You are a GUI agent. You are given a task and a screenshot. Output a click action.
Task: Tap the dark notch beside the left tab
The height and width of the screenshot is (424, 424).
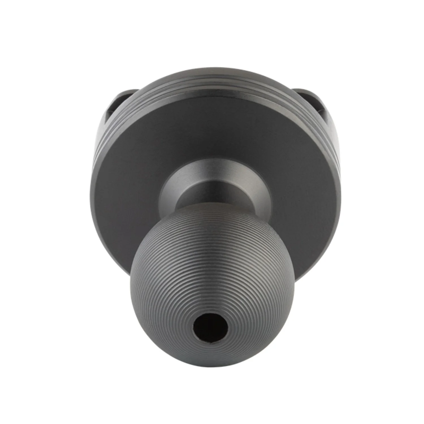(x=109, y=116)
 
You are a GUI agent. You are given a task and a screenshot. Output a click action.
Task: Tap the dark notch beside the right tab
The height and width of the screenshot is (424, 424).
(x=322, y=113)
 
